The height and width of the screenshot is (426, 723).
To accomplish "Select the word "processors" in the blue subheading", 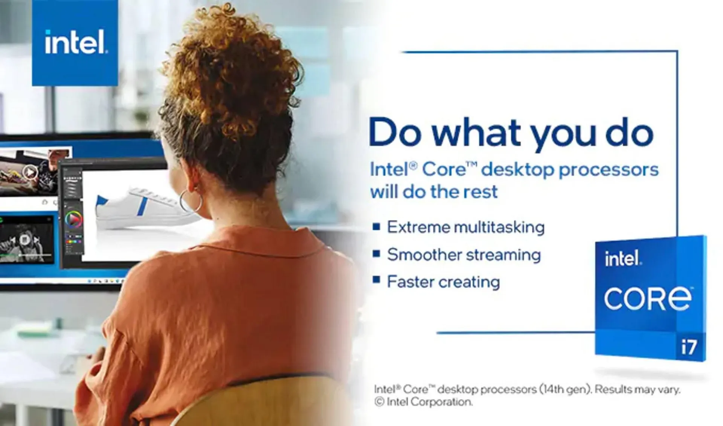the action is pos(609,170).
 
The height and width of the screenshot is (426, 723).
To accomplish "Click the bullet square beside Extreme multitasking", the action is pos(376,226).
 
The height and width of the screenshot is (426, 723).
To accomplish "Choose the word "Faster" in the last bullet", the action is pos(410,282).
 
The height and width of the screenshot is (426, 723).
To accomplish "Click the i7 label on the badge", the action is pos(689,347).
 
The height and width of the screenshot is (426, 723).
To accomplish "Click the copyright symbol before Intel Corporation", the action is pos(379,402).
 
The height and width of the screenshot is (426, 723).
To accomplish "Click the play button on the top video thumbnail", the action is pos(30,173).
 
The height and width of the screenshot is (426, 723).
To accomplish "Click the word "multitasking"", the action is pos(499,228).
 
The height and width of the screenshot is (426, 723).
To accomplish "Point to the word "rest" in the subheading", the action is pos(480,192).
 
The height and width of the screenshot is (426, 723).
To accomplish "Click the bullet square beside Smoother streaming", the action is pos(376,253).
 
